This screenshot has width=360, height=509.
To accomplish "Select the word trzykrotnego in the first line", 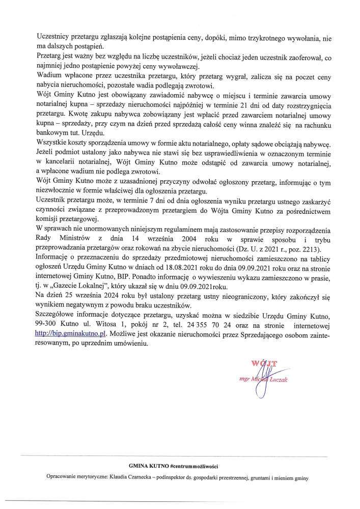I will (x=259, y=37).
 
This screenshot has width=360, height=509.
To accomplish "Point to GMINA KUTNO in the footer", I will (x=150, y=466).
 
